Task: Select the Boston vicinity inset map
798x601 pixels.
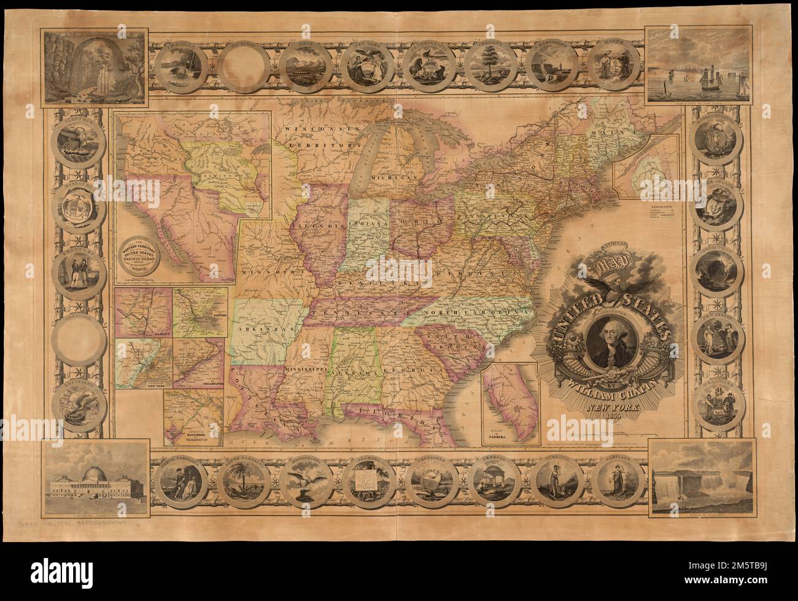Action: (201, 312)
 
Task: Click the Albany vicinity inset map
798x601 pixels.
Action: (145, 312)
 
